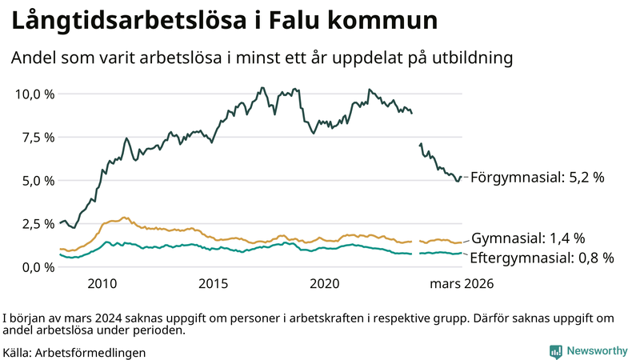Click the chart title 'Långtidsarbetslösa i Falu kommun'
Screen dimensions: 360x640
point(224,22)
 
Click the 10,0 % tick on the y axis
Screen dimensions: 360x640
point(35,94)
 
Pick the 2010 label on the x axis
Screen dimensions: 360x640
point(102,284)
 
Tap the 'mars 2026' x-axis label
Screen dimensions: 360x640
point(462,284)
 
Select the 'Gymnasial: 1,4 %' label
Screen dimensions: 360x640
point(528,238)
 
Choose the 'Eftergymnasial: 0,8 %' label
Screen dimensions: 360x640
point(542,258)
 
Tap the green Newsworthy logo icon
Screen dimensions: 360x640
point(555,351)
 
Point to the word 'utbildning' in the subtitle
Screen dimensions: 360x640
point(471,58)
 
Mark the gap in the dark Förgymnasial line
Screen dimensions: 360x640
point(416,128)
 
